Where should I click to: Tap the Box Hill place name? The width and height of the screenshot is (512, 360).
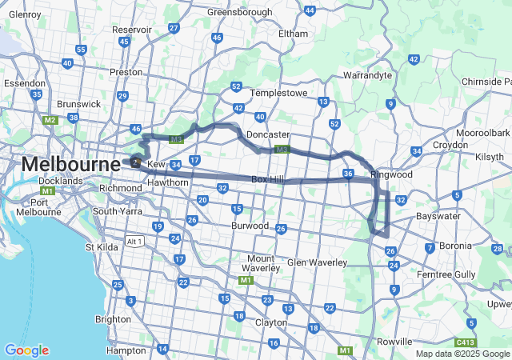pos(267,180)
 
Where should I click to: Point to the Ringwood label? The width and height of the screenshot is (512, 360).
pos(391,174)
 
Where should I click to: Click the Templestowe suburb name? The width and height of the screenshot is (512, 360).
pos(279,93)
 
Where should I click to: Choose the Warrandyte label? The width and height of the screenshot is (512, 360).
pos(366,75)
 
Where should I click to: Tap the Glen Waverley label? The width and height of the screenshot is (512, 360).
pos(317,262)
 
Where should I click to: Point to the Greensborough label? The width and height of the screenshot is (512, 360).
pos(241,13)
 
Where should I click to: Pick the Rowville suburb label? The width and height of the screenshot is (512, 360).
pos(394,342)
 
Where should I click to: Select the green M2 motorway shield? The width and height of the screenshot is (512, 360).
pos(50,121)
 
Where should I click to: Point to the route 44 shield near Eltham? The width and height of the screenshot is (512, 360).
pos(310,10)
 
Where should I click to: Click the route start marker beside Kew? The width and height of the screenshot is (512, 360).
pos(135,162)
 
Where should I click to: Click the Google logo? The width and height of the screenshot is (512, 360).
pos(26,350)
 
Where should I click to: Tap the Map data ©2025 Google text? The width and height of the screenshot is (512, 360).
pos(462,354)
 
